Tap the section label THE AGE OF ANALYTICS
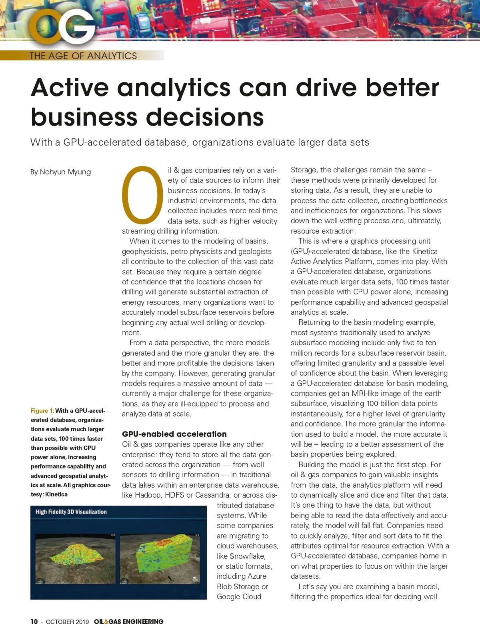[x=83, y=56]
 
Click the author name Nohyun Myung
[x=65, y=172]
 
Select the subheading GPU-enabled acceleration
[x=174, y=434]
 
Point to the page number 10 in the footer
[x=34, y=622]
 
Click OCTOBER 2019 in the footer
[x=67, y=622]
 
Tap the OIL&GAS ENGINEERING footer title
[x=128, y=622]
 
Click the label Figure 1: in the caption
[x=42, y=411]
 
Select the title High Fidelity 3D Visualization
[x=71, y=512]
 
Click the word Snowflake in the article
[x=247, y=556]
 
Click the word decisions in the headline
[x=205, y=117]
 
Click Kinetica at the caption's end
[x=56, y=494]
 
